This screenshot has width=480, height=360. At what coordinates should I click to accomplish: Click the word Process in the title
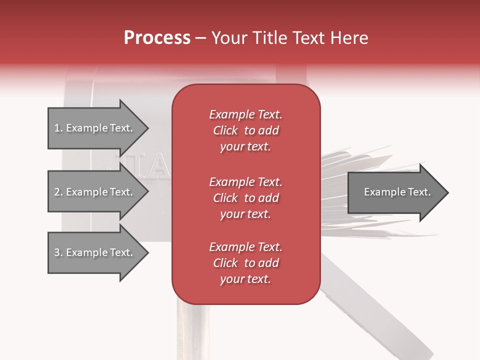[157, 38]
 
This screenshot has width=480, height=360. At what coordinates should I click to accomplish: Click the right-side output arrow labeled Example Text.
[397, 192]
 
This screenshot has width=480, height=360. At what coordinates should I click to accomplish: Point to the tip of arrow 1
[147, 128]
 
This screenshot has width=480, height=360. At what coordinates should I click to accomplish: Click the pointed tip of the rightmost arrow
[447, 192]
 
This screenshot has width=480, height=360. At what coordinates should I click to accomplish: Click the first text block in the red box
[245, 130]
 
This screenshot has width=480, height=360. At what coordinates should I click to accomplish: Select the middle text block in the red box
[245, 198]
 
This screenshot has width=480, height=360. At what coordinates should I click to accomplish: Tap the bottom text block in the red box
[245, 263]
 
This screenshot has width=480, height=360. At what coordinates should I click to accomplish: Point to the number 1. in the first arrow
[58, 128]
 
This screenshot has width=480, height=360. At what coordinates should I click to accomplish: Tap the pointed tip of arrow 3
[147, 252]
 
